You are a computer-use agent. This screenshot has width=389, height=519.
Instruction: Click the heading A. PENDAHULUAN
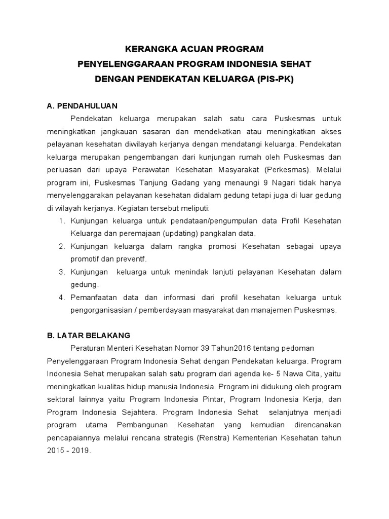82,106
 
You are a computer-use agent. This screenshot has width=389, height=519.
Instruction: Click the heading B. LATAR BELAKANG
88,335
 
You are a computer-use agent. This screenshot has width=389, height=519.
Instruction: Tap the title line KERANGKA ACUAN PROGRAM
195,49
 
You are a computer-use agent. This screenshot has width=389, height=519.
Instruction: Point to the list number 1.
62,220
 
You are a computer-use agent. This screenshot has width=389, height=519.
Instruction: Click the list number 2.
62,246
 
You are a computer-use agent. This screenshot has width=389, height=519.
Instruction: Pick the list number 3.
62,272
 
